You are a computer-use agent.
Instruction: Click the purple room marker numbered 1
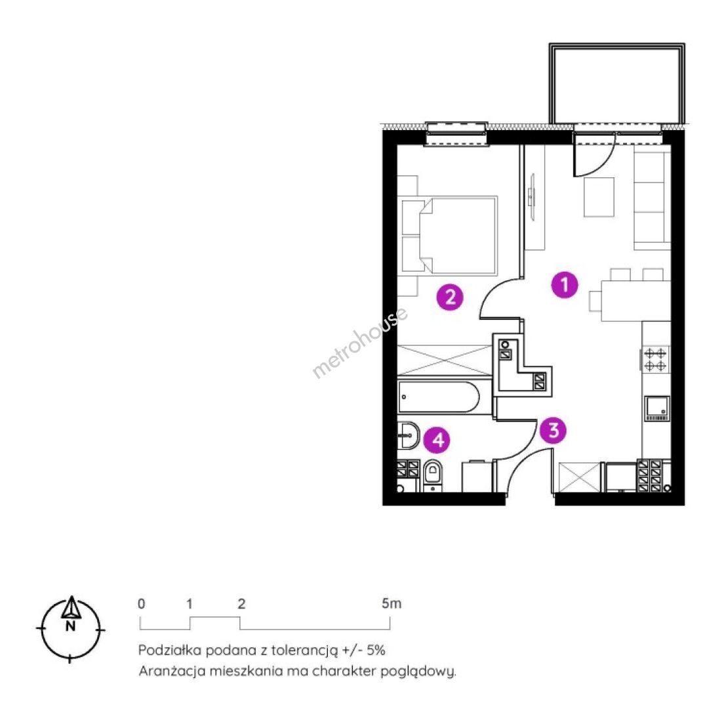565,284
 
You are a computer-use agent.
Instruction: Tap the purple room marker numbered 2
450,297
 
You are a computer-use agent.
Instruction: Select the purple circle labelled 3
554,431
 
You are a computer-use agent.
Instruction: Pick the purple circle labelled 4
438,439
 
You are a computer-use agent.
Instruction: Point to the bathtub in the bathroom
439,397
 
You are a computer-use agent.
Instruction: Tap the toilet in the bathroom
433,475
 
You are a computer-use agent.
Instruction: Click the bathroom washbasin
409,435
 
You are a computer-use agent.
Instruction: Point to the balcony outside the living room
616,83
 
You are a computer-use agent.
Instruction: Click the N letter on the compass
70,626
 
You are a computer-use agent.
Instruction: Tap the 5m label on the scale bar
392,603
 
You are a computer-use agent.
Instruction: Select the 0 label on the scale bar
141,604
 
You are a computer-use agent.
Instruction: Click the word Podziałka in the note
169,650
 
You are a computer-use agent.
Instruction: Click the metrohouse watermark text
360,343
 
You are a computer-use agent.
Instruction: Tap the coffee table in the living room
599,197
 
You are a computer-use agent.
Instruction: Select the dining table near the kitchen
635,301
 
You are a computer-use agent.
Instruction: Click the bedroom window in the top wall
456,134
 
